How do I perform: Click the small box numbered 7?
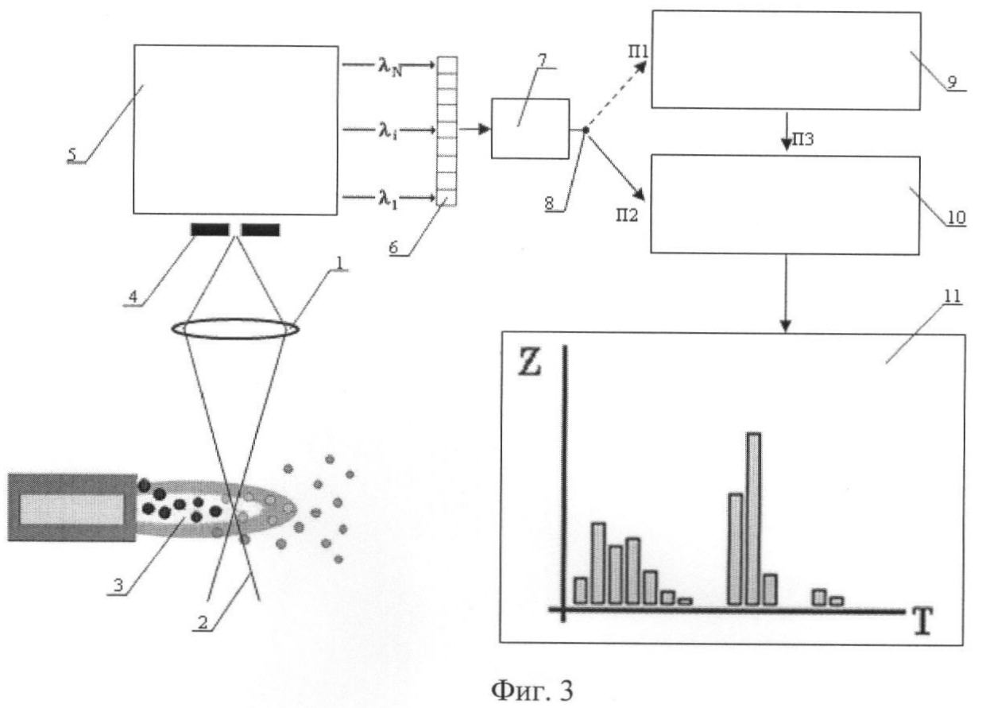530,129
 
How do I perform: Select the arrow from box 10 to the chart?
786,294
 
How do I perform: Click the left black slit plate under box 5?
210,230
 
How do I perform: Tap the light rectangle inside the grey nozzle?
72,509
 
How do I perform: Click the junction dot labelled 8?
584,130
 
